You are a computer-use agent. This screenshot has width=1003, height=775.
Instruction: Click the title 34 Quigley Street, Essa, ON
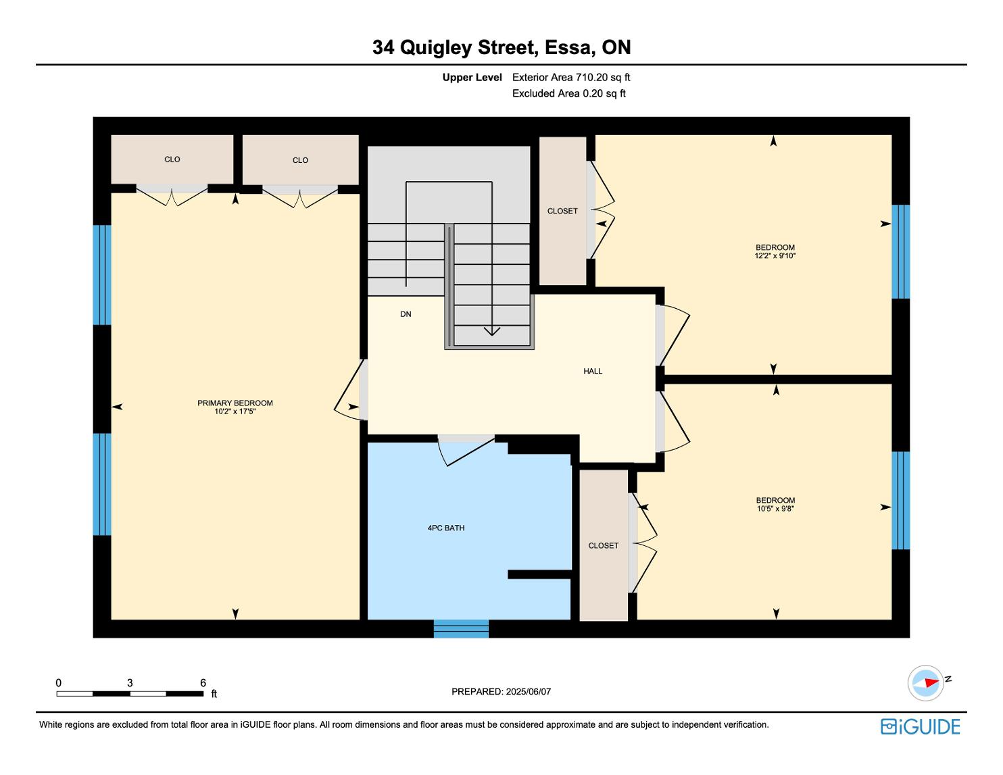(501, 47)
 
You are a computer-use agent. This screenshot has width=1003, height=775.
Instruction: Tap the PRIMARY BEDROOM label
(235, 403)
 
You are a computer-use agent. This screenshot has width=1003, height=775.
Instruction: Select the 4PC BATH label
(446, 528)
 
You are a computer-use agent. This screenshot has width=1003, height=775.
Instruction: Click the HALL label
(593, 371)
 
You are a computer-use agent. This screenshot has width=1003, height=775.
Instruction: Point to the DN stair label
(406, 314)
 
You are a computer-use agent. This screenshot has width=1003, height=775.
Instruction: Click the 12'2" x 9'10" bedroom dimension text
(775, 255)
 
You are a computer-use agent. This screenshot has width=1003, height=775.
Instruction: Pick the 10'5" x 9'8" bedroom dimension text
(775, 508)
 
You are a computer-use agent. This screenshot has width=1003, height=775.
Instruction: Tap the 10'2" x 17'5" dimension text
(235, 411)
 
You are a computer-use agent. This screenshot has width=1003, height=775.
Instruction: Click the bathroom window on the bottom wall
(461, 628)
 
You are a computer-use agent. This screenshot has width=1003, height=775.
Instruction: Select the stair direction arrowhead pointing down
(492, 331)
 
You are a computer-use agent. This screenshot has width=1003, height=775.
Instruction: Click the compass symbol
(925, 683)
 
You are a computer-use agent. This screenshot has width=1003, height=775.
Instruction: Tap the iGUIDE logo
(921, 726)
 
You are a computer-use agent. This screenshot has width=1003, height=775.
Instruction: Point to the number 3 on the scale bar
(130, 682)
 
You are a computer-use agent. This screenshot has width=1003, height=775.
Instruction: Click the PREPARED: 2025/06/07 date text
(501, 691)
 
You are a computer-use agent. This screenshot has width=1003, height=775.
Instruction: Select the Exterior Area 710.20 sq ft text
(571, 78)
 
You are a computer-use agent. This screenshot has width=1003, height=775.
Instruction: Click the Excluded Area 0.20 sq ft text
(568, 94)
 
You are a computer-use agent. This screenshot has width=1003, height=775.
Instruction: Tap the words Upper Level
(472, 78)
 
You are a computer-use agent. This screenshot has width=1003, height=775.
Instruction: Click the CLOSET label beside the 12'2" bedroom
(562, 211)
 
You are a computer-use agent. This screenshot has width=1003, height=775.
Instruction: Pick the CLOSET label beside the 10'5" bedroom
(604, 546)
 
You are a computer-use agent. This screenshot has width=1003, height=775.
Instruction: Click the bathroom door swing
(466, 451)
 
